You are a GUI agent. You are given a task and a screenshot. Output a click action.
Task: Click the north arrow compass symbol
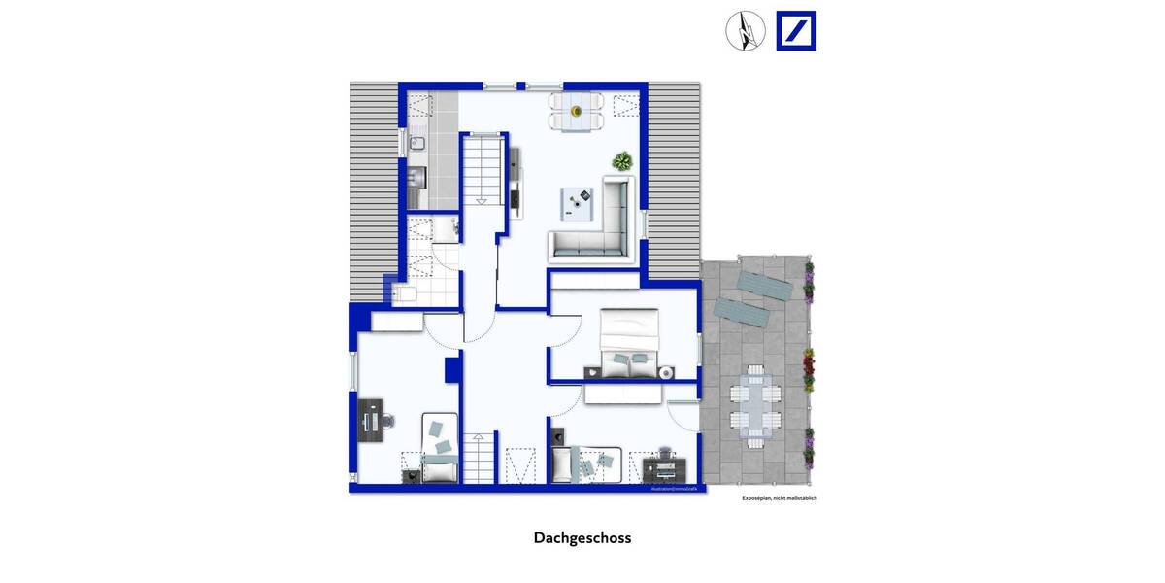point(746,30)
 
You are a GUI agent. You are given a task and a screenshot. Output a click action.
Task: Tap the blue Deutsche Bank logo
point(796,30)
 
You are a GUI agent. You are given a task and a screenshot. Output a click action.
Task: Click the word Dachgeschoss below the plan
point(582,537)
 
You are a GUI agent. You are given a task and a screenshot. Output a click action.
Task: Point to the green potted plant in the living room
point(620,160)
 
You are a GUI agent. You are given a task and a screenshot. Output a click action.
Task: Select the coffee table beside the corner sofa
point(582,202)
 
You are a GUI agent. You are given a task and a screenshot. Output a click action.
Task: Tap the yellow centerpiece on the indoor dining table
point(577,110)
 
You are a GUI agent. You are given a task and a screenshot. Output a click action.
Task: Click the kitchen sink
point(415,144)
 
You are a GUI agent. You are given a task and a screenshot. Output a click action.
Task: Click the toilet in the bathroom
point(406,294)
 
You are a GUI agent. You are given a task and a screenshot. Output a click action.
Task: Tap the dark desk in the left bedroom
point(370,421)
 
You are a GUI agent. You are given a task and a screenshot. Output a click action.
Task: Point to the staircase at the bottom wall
point(478,459)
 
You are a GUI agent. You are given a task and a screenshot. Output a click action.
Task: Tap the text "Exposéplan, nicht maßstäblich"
point(779,498)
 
